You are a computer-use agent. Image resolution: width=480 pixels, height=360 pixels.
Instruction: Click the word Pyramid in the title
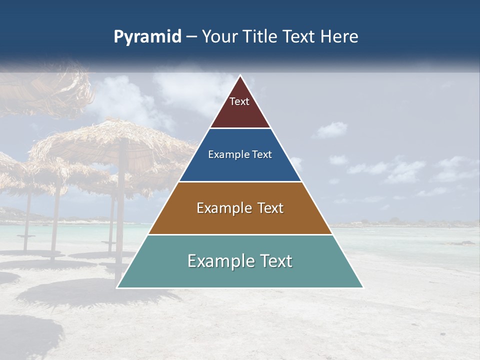coord(147,37)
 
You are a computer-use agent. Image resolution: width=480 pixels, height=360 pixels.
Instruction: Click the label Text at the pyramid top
coord(239,101)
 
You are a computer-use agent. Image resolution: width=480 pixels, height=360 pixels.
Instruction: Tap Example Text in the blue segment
coord(240,154)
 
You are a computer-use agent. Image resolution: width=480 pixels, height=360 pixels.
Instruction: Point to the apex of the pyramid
coord(240,76)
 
